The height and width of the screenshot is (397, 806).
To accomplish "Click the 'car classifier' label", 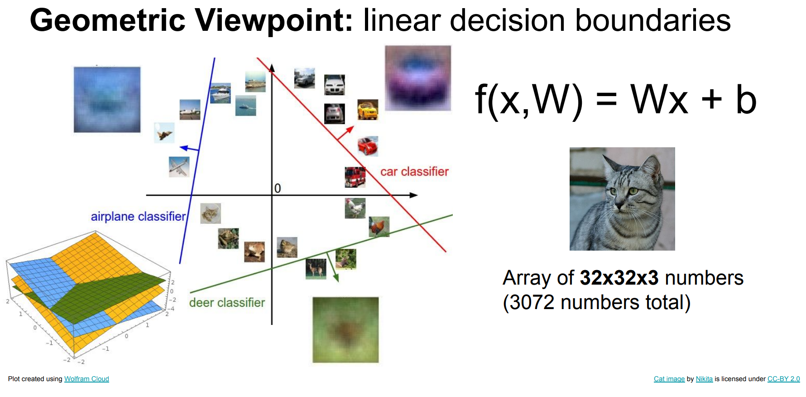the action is (414, 171).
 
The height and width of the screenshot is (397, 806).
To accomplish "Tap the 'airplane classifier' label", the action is (138, 216).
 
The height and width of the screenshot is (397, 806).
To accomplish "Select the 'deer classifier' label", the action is (227, 302).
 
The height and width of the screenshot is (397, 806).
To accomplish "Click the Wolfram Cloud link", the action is (86, 379).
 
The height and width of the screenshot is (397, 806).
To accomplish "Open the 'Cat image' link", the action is (669, 379).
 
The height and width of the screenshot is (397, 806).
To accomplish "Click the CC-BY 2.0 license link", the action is (783, 379).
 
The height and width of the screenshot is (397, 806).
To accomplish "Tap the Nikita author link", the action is (704, 379).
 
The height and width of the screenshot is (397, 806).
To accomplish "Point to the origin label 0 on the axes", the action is (278, 188).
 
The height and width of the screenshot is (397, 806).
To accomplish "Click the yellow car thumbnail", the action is (368, 110).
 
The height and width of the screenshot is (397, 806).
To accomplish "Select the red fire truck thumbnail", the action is (355, 177).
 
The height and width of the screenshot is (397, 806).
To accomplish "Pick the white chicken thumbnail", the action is (355, 208).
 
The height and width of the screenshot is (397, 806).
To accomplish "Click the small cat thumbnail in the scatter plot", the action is (211, 213).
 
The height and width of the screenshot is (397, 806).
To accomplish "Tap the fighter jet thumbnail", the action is (164, 133).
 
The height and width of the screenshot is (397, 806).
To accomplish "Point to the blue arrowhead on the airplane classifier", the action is (184, 148).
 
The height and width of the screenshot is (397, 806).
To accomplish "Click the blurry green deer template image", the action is (345, 329).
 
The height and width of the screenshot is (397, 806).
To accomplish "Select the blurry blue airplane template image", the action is (107, 100).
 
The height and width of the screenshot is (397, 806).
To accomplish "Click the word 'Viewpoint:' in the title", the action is (274, 20).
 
